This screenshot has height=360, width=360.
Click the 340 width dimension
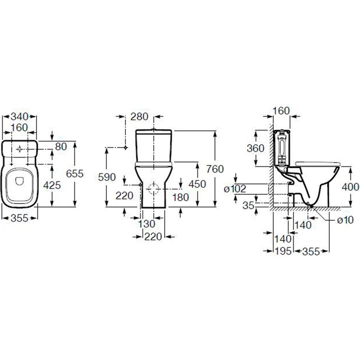tap(19, 117)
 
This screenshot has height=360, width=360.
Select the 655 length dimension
tap(75, 174)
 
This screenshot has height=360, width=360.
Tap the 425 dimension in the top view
tap(52, 185)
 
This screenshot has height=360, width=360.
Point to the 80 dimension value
tap(61, 147)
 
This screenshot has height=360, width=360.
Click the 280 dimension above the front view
tap(139, 117)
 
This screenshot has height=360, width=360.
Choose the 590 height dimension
tap(107, 177)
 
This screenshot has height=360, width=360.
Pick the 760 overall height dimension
tap(215, 169)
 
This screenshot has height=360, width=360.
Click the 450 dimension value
tap(197, 184)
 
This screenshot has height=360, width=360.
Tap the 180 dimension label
tap(180, 197)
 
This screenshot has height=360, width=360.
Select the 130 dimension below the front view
tap(147, 224)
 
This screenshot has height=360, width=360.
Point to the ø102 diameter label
tap(235, 189)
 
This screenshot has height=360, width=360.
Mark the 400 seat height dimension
tap(350, 187)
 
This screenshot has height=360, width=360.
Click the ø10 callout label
tap(345, 220)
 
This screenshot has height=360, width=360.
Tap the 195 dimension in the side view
tap(283, 251)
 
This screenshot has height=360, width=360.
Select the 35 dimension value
tap(248, 206)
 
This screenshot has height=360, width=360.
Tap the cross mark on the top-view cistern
tap(19, 149)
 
